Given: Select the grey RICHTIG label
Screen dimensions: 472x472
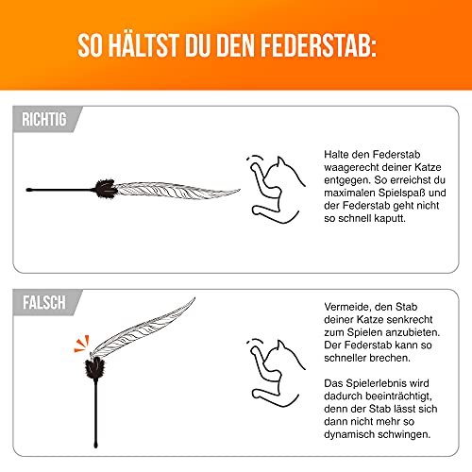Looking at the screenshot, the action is (x=44, y=120).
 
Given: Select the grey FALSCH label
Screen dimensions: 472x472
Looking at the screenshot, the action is (x=44, y=303).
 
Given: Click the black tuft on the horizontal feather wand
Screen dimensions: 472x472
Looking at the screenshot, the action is (x=106, y=189).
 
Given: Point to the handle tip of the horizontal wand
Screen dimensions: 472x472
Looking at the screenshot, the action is (x=28, y=190).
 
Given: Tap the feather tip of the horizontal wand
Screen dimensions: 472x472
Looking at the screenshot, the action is (x=240, y=190).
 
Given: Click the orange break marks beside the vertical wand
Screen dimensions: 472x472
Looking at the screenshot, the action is (x=82, y=344).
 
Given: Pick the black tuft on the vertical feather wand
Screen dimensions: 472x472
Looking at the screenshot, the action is (x=95, y=368).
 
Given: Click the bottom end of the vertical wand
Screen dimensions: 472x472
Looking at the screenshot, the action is (x=95, y=446).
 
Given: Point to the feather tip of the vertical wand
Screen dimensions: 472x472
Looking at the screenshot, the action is (x=194, y=298).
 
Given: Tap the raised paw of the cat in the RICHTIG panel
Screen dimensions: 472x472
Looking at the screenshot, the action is (x=254, y=166).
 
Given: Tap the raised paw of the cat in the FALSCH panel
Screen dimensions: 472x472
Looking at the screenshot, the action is (x=254, y=350).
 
